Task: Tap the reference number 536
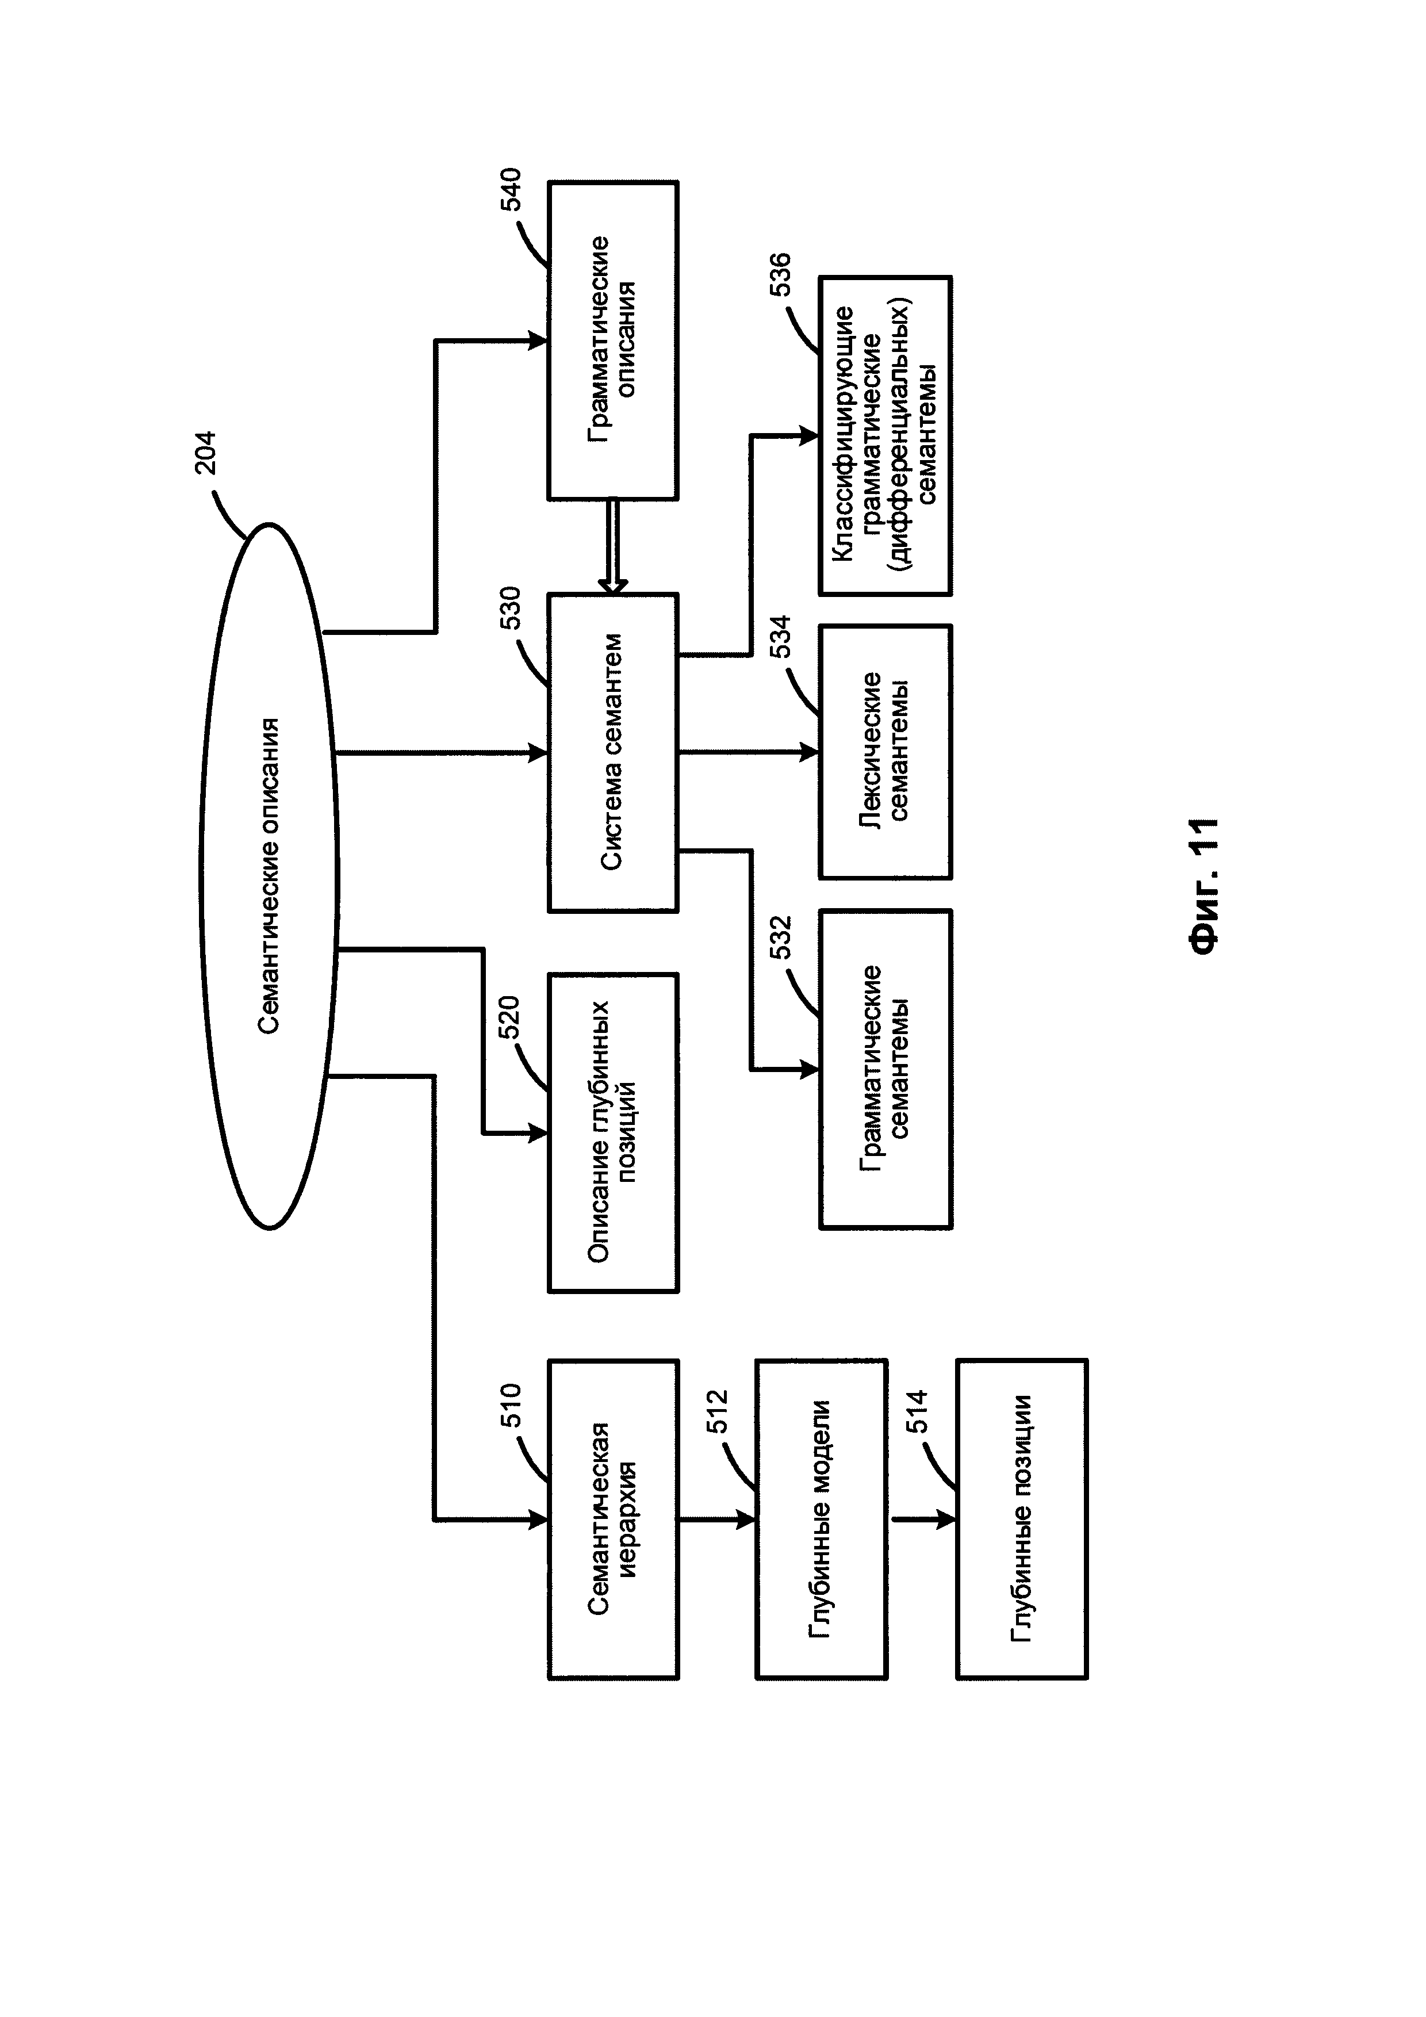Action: pyautogui.click(x=781, y=274)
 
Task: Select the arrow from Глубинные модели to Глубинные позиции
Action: pyautogui.click(x=922, y=1519)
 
